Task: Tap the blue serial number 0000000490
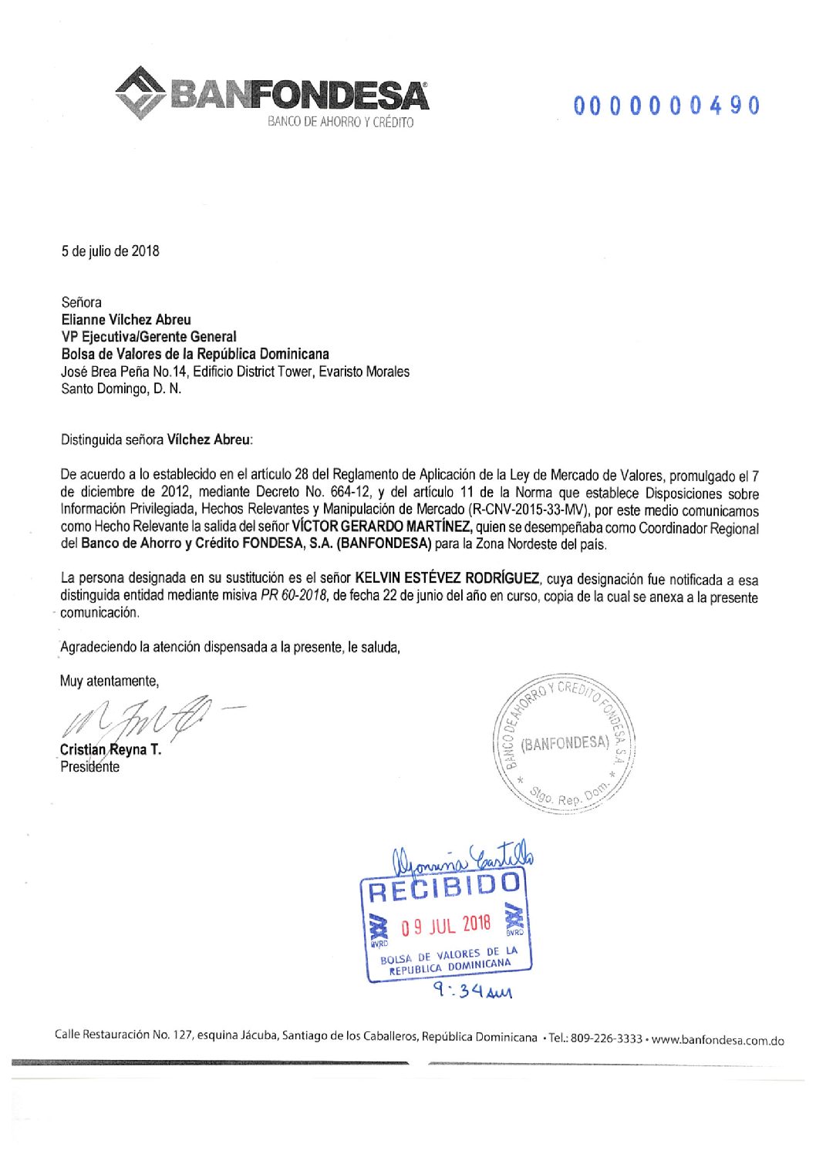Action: (666, 106)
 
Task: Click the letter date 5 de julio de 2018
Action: (110, 251)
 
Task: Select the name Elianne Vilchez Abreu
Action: (126, 319)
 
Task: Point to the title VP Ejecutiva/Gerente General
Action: (148, 337)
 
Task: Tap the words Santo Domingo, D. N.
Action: (121, 389)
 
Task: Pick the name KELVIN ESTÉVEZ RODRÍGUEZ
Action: (447, 579)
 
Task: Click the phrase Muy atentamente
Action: (110, 681)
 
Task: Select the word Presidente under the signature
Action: (90, 767)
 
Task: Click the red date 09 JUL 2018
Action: (445, 925)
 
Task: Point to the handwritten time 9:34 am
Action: (472, 989)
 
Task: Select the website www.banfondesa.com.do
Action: (717, 1040)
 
